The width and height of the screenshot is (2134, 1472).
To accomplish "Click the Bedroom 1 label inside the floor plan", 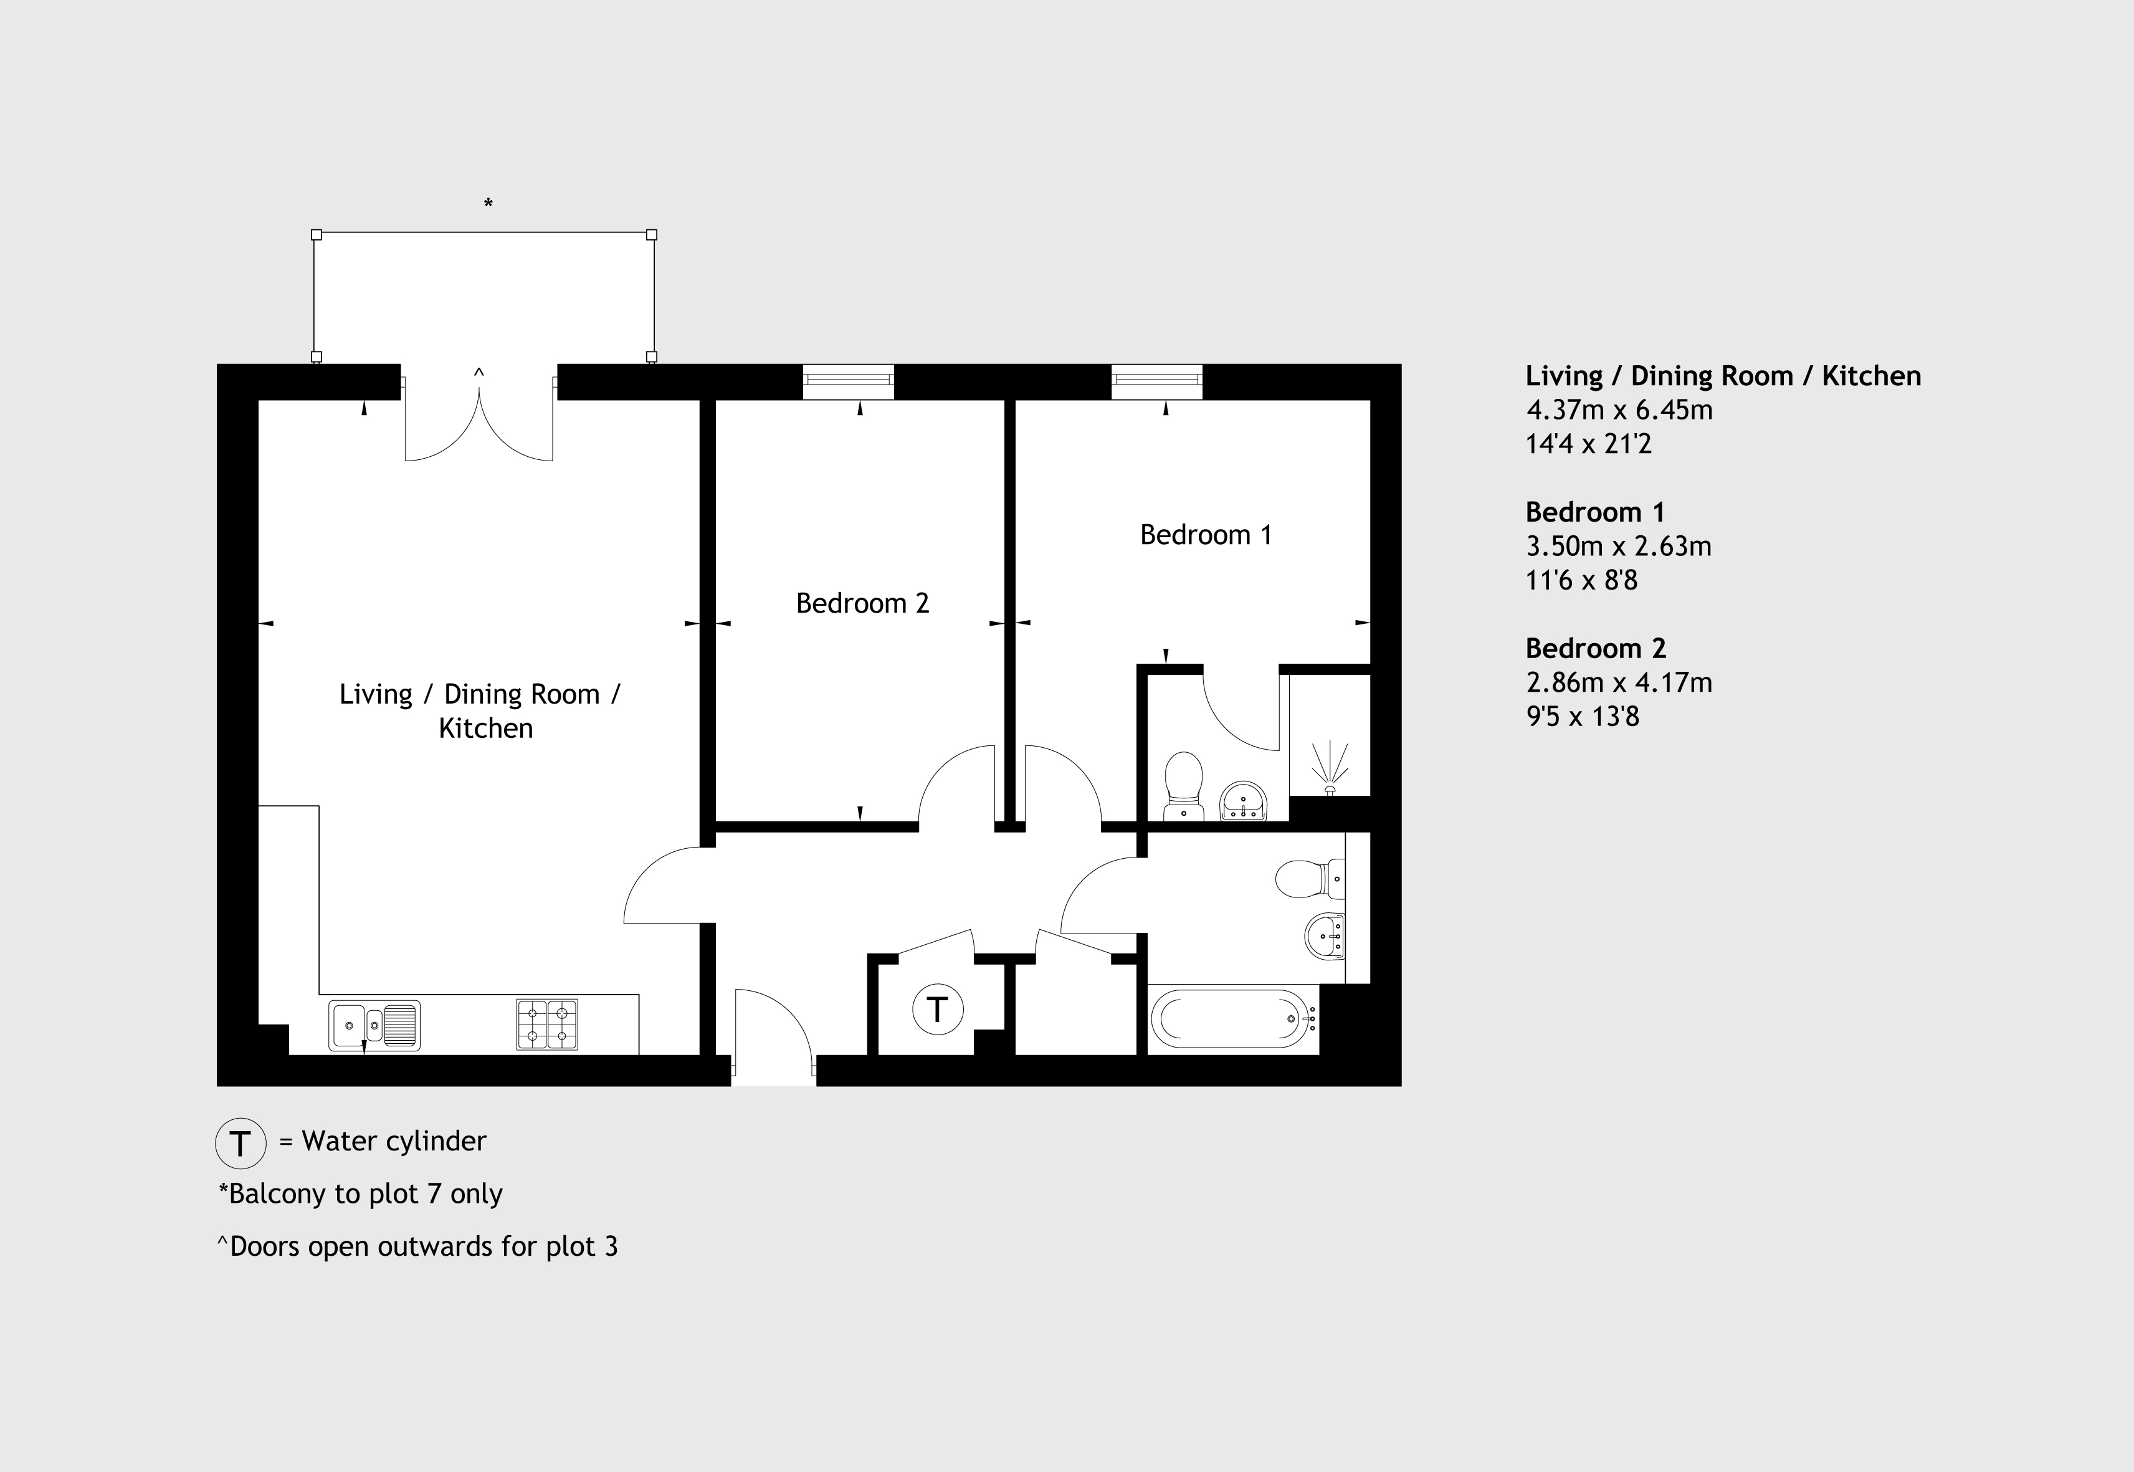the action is (1206, 535).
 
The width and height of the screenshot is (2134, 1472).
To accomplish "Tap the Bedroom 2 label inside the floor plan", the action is (862, 603).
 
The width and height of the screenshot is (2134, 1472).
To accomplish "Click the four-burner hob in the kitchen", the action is (547, 1025).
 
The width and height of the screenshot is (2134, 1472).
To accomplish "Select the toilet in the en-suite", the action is (1184, 786).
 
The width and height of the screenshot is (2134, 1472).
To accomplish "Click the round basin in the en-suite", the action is (1243, 801).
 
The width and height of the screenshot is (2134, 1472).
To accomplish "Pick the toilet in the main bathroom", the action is (1310, 879).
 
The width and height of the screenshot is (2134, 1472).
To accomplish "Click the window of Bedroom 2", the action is (849, 382).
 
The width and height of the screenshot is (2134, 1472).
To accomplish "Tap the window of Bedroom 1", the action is (1156, 382).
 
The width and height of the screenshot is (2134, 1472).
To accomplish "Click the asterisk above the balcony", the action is (488, 204).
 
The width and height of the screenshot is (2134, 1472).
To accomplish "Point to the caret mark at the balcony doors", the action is (479, 373).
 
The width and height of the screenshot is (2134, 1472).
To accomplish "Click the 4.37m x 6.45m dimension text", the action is (1619, 409).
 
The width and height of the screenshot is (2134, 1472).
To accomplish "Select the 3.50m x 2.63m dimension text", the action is (1619, 546).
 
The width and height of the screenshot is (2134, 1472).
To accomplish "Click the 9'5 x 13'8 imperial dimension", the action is (1583, 717).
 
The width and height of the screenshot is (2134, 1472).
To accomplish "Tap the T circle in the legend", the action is (241, 1144).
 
